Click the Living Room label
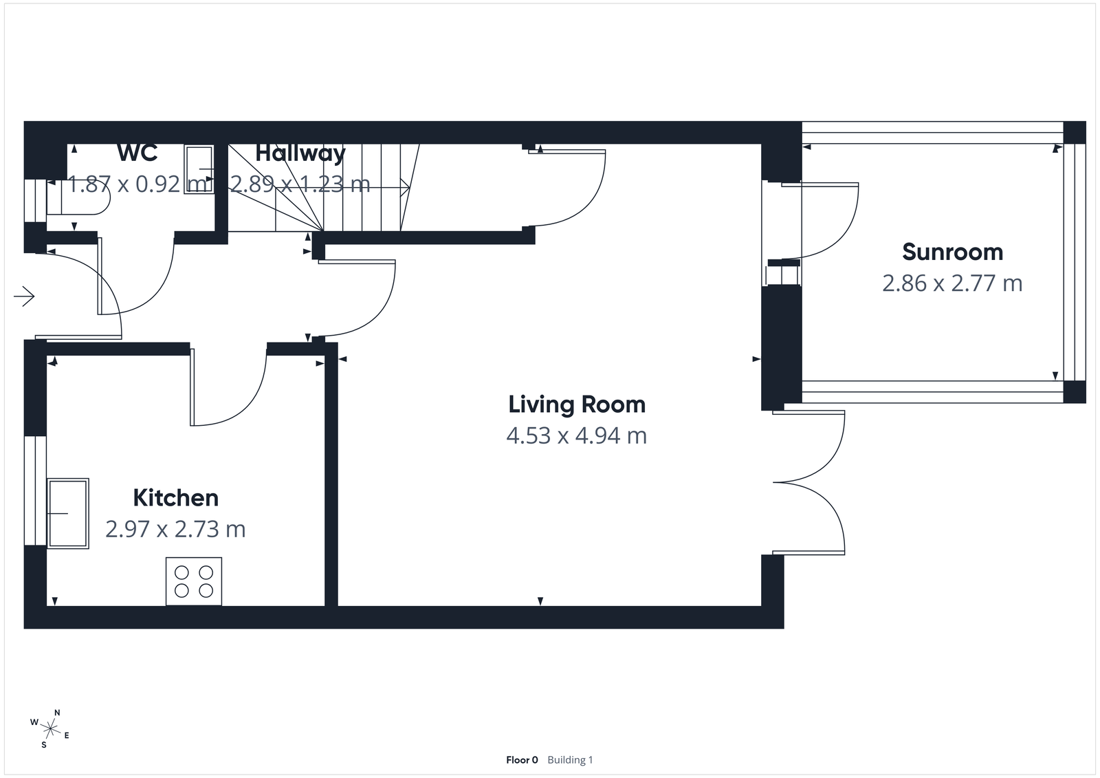[577, 404]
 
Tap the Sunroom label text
[952, 252]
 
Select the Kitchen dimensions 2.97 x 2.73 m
[175, 529]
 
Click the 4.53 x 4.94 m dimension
[577, 436]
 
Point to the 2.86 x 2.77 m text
[952, 283]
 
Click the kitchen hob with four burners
[194, 581]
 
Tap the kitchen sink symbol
[68, 513]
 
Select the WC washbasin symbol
[199, 169]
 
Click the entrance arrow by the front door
[25, 296]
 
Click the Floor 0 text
[522, 760]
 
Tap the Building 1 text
[570, 760]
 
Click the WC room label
[137, 153]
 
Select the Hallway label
[300, 153]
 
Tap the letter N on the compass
[58, 713]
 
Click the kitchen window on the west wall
[35, 490]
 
